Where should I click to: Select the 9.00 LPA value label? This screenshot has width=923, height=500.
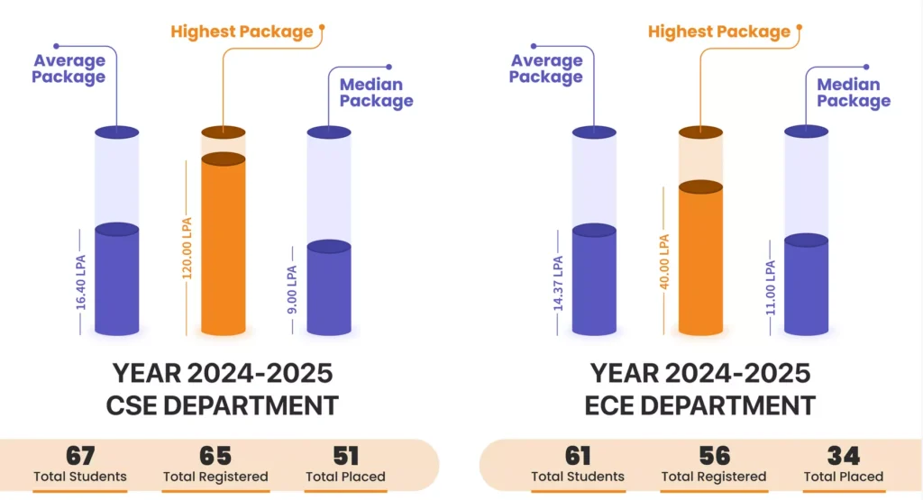(292, 288)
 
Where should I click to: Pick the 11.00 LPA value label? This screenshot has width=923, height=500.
(770, 286)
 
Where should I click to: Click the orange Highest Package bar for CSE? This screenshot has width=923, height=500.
(223, 248)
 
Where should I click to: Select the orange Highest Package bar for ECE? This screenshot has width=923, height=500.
(700, 261)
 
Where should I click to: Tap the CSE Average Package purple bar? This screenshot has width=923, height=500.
(117, 281)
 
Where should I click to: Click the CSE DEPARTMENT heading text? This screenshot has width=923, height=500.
(223, 405)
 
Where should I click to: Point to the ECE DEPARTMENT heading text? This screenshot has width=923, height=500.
(700, 405)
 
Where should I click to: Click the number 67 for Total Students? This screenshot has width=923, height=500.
(80, 456)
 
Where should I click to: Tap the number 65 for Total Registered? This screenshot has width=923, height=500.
(215, 456)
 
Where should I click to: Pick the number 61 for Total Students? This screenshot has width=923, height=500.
(578, 456)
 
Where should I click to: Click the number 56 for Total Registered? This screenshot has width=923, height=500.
(714, 456)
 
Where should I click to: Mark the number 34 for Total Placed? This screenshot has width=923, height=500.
(843, 456)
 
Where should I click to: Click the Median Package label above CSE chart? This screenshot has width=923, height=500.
(376, 93)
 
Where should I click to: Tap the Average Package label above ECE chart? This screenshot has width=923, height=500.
(545, 68)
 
